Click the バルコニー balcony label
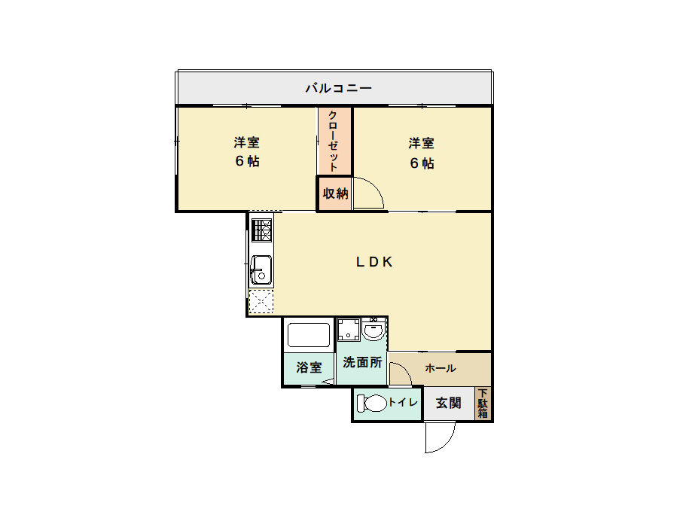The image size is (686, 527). pyautogui.click(x=338, y=88)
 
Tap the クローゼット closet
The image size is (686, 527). pyautogui.click(x=334, y=142)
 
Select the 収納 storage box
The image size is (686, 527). pyautogui.click(x=334, y=193)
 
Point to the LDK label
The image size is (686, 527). pyautogui.click(x=374, y=261)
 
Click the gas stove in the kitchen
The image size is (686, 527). pyautogui.click(x=261, y=230)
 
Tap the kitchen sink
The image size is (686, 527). pyautogui.click(x=261, y=270)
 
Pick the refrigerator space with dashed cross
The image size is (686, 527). pyautogui.click(x=261, y=301)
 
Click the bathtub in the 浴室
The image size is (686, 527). pyautogui.click(x=308, y=335)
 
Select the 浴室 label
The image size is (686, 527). pyautogui.click(x=309, y=367)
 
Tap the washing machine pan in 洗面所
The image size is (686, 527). pyautogui.click(x=349, y=330)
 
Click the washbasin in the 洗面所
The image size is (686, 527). pyautogui.click(x=373, y=330)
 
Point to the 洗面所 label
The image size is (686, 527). pyautogui.click(x=362, y=363)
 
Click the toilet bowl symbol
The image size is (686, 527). pyautogui.click(x=371, y=404)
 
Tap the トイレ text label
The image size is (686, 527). pyautogui.click(x=404, y=402)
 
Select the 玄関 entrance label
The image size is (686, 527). pyautogui.click(x=449, y=403)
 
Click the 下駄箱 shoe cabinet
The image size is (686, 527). pyautogui.click(x=483, y=404)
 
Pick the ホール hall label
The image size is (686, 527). pyautogui.click(x=441, y=368)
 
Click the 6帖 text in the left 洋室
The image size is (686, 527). pyautogui.click(x=247, y=161)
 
